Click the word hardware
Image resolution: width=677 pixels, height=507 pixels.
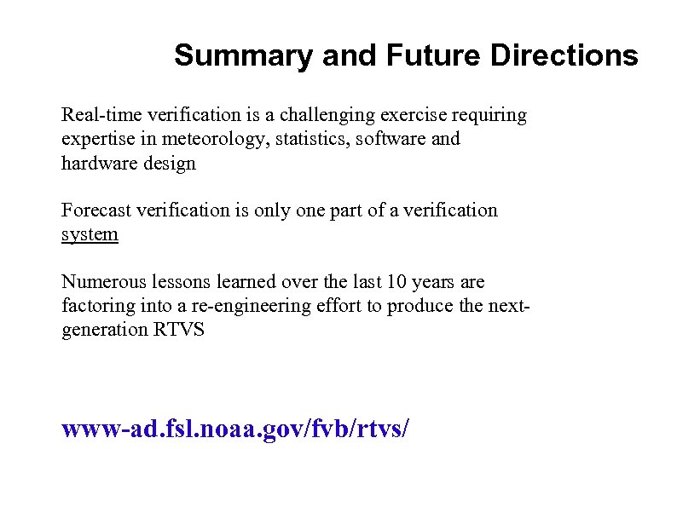(96, 163)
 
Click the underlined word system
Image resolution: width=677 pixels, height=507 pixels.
(90, 234)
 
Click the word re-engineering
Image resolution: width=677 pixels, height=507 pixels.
(252, 305)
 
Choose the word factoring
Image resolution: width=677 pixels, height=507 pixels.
(93, 305)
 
